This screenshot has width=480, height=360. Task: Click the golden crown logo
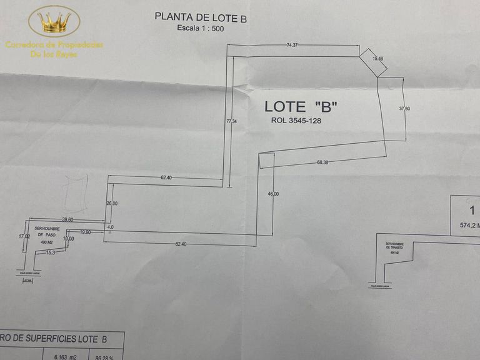54,22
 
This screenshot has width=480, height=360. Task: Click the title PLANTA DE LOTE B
201,17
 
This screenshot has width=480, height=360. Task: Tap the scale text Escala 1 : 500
201,29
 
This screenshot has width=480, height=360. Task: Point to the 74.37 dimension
291,45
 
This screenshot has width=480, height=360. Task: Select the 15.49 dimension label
377,58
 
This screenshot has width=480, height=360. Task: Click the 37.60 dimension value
405,108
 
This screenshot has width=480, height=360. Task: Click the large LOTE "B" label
301,106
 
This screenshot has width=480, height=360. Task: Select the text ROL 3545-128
296,121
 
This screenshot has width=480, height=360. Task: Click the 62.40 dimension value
166,177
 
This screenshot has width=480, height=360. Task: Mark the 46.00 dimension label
273,194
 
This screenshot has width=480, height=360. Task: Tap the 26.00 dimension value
112,204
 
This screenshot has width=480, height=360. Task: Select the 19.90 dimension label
85,232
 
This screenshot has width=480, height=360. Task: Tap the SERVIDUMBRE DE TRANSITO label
397,247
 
